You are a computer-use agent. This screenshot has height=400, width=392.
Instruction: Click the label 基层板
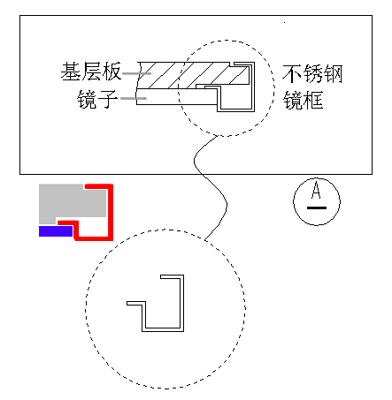91,72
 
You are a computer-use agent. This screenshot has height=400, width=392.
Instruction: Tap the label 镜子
97,99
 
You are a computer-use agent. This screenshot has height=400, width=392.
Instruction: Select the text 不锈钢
312,74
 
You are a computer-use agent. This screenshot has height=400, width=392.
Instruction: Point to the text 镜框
303,100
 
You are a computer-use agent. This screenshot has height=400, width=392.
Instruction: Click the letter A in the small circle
316,190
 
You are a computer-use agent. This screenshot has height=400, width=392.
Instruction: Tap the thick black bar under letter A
317,208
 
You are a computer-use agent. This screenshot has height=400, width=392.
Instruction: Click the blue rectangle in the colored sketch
56,231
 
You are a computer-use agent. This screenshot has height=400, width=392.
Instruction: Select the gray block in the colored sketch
73,204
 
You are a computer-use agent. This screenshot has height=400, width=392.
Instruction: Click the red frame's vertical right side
110,212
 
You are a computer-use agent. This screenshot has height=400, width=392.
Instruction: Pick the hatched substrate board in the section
192,75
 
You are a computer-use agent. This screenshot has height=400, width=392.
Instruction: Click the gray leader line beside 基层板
136,73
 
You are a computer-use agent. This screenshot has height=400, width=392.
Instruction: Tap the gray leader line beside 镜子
134,98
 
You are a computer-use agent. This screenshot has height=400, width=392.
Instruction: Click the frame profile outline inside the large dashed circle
181,303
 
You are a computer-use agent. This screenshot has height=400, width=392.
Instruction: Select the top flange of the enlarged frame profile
172,276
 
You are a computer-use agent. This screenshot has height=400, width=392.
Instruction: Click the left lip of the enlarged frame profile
136,303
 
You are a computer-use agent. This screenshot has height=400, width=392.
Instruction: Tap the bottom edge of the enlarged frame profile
163,330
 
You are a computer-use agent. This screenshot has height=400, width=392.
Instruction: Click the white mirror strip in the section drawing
177,96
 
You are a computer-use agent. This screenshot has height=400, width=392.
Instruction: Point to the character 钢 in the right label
334,74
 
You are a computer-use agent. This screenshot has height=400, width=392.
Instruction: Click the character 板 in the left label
111,72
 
